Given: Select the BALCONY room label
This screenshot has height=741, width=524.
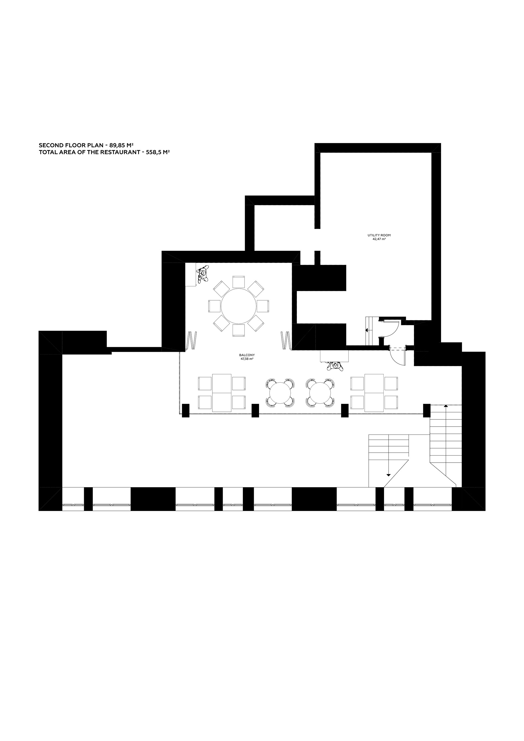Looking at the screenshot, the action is (248, 355).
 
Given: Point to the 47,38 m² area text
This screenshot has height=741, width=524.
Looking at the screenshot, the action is (248, 359).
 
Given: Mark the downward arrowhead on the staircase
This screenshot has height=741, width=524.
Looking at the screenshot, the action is (388, 475).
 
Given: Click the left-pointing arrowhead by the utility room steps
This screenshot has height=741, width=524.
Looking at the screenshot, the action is (367, 330).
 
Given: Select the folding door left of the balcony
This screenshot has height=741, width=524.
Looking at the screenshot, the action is (192, 340).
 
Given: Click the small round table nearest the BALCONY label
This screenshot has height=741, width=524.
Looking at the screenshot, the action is (280, 392).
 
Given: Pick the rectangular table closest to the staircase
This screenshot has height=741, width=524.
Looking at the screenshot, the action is (374, 393).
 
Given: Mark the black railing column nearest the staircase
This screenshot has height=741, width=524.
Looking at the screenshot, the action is (427, 410).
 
